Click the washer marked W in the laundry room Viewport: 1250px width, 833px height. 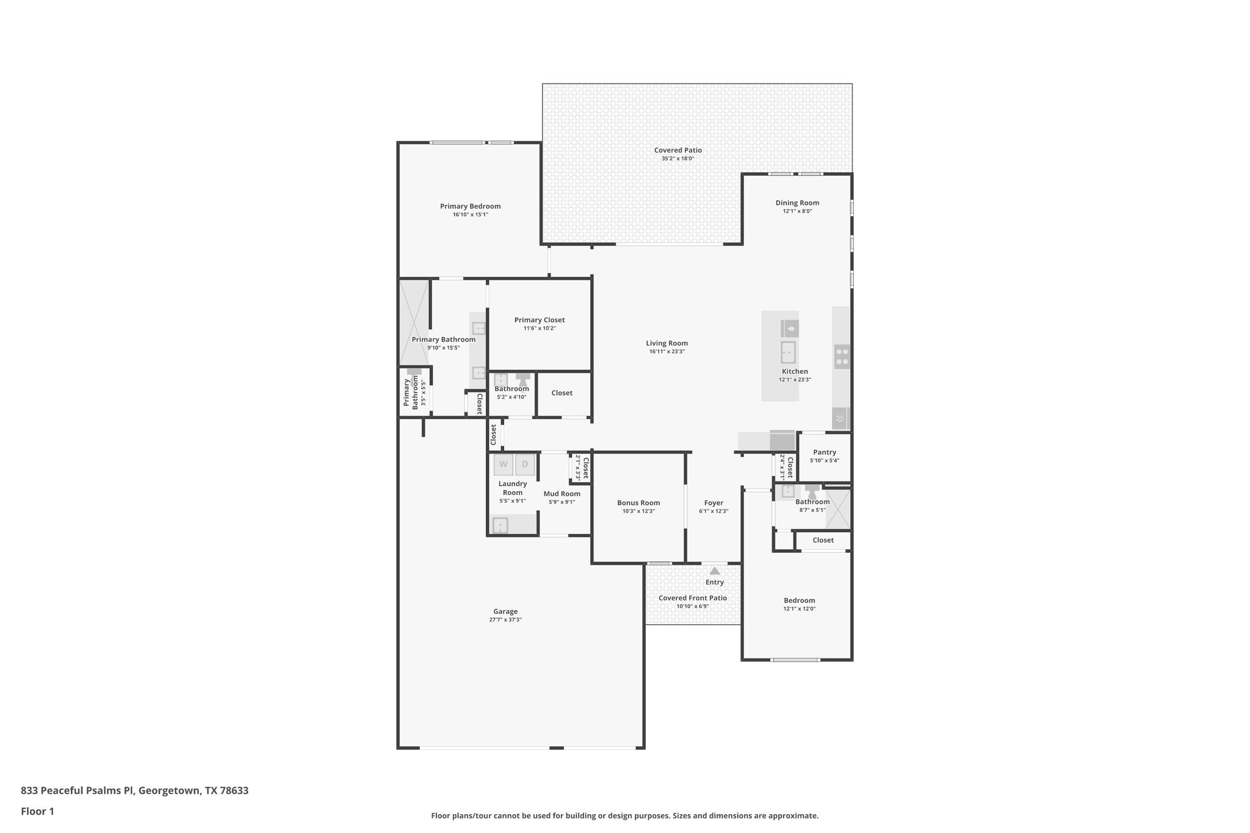point(504,464)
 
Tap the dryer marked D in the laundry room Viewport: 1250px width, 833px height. point(525,464)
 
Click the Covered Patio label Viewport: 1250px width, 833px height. point(677,150)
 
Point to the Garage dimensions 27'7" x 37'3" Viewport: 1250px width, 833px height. point(505,619)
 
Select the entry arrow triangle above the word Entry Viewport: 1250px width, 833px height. point(714,571)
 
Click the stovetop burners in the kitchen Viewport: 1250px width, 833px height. point(842,356)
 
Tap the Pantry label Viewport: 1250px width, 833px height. point(824,452)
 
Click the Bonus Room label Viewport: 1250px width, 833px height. point(638,503)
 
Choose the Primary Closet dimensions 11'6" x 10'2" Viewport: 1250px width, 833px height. point(539,328)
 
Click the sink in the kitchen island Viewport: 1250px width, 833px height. point(788,352)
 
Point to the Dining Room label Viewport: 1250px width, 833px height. point(797,203)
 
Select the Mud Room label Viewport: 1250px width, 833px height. point(562,494)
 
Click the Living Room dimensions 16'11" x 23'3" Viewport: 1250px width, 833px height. point(667,352)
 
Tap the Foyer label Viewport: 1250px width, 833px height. point(714,503)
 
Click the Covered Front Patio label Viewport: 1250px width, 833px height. point(692,598)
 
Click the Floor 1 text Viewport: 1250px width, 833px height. point(37,812)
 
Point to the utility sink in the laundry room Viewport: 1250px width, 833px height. point(500,525)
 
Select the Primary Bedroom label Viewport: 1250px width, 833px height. point(470,206)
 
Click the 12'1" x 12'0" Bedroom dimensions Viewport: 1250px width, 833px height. point(799,608)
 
